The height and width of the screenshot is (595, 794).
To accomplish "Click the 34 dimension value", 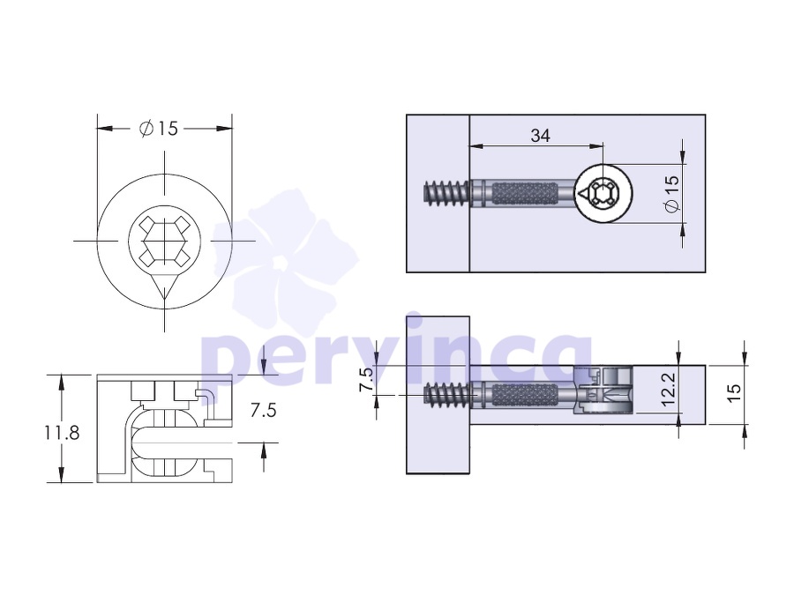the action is [540, 136].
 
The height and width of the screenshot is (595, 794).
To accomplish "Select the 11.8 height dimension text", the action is [62, 433].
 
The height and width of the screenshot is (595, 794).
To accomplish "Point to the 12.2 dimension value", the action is [669, 389].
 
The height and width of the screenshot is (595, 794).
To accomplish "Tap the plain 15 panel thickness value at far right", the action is [734, 392].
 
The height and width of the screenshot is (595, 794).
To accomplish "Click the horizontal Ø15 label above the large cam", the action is [159, 129].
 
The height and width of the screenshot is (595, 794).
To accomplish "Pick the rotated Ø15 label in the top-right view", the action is [671, 194].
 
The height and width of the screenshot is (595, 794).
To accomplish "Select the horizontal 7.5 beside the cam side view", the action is [263, 410].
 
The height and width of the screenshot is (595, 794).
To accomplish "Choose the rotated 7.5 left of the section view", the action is [366, 379].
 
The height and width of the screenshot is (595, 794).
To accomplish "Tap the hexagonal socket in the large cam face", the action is [165, 241].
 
